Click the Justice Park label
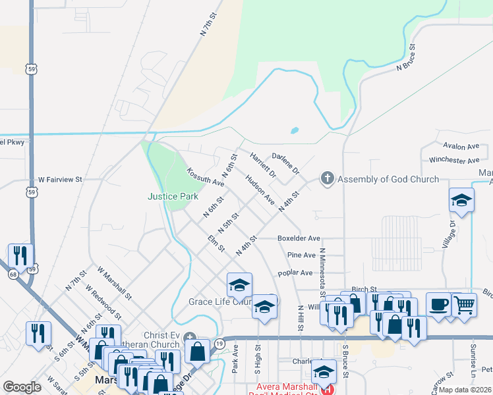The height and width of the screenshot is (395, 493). click(x=173, y=196)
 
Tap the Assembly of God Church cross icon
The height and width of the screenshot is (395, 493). click(x=327, y=178)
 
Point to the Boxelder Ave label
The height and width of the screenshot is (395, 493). click(x=299, y=238)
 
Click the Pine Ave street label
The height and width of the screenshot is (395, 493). click(x=301, y=255)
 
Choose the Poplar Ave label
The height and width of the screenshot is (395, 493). click(x=295, y=272)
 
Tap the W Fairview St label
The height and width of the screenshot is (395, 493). click(x=59, y=179)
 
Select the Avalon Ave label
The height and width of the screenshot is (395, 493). click(x=461, y=146)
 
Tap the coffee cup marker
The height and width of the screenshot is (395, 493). click(x=439, y=305)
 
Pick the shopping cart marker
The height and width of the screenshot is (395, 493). click(x=464, y=305)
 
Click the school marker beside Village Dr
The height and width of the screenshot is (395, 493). click(x=461, y=200)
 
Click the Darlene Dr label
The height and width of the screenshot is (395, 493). click(x=285, y=161)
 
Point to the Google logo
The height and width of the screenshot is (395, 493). click(x=22, y=387)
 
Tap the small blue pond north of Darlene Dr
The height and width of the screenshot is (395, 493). click(x=294, y=130)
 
